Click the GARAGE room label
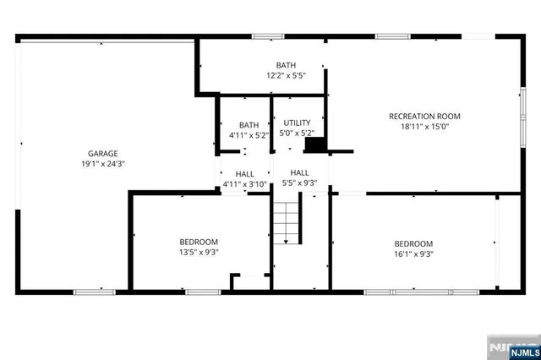click(x=102, y=153)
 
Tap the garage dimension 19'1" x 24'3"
click(x=102, y=164)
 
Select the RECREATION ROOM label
click(x=424, y=116)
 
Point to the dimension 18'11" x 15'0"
click(x=424, y=128)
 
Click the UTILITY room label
click(x=297, y=123)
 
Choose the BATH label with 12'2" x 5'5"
click(x=286, y=65)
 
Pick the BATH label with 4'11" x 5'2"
click(x=249, y=124)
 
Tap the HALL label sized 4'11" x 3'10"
click(x=244, y=173)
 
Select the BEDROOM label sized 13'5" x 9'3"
click(x=199, y=241)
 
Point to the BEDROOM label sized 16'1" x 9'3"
click(x=413, y=243)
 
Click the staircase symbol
click(x=287, y=222)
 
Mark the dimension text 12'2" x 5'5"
click(x=286, y=76)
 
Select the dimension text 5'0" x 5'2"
click(x=297, y=134)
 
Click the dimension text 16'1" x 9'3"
click(x=413, y=254)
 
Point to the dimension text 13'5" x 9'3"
click(x=199, y=252)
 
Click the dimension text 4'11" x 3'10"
click(x=244, y=184)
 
